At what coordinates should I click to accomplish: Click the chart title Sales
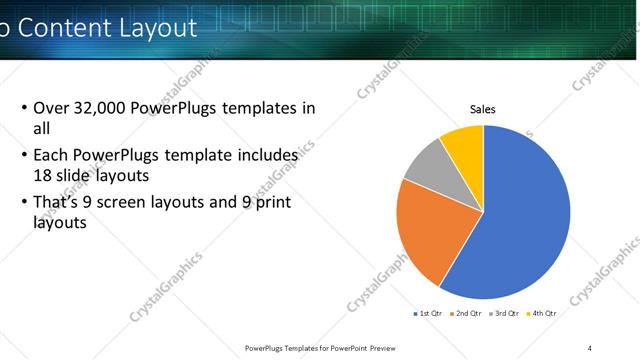tap(483, 110)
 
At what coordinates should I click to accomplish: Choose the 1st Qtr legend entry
tap(430, 313)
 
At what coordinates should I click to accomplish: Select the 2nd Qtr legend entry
tap(467, 313)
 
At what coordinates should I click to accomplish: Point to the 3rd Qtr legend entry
tap(504, 313)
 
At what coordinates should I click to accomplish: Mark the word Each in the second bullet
tap(51, 156)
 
